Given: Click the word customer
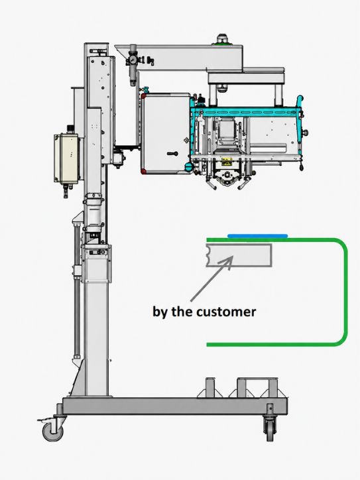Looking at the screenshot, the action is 226,312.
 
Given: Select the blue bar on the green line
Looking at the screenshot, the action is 258,236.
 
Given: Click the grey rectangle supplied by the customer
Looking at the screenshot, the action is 239,255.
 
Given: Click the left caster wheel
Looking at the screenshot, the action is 53,432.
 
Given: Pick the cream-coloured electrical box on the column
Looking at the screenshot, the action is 68,158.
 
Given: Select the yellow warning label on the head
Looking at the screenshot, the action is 227,162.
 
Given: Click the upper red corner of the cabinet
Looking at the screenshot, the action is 144,96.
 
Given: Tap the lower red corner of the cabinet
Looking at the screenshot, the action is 144,171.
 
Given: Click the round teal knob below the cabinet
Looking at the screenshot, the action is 188,167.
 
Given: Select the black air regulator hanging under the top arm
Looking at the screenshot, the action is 133,64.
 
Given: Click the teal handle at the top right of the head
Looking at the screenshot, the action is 300,101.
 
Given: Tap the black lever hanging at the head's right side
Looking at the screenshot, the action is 302,164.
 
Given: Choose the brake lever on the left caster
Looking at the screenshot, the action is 44,420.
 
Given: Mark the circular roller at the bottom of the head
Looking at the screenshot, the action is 227,174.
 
